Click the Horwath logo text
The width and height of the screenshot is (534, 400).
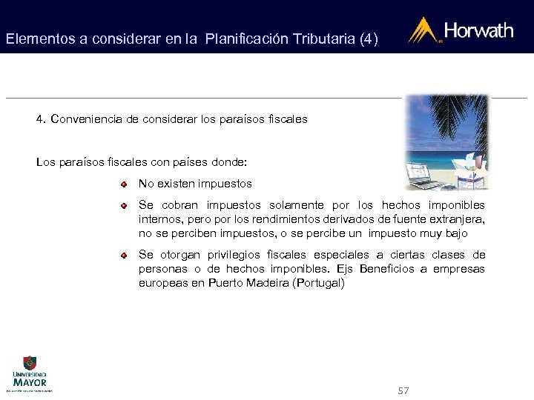tap(478, 30)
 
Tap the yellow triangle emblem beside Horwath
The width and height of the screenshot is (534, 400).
tap(423, 30)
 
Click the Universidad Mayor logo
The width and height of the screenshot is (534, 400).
tap(29, 373)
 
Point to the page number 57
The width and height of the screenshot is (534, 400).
tap(403, 390)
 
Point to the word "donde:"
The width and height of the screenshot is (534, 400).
tap(230, 161)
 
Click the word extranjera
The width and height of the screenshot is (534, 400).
tap(456, 219)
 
